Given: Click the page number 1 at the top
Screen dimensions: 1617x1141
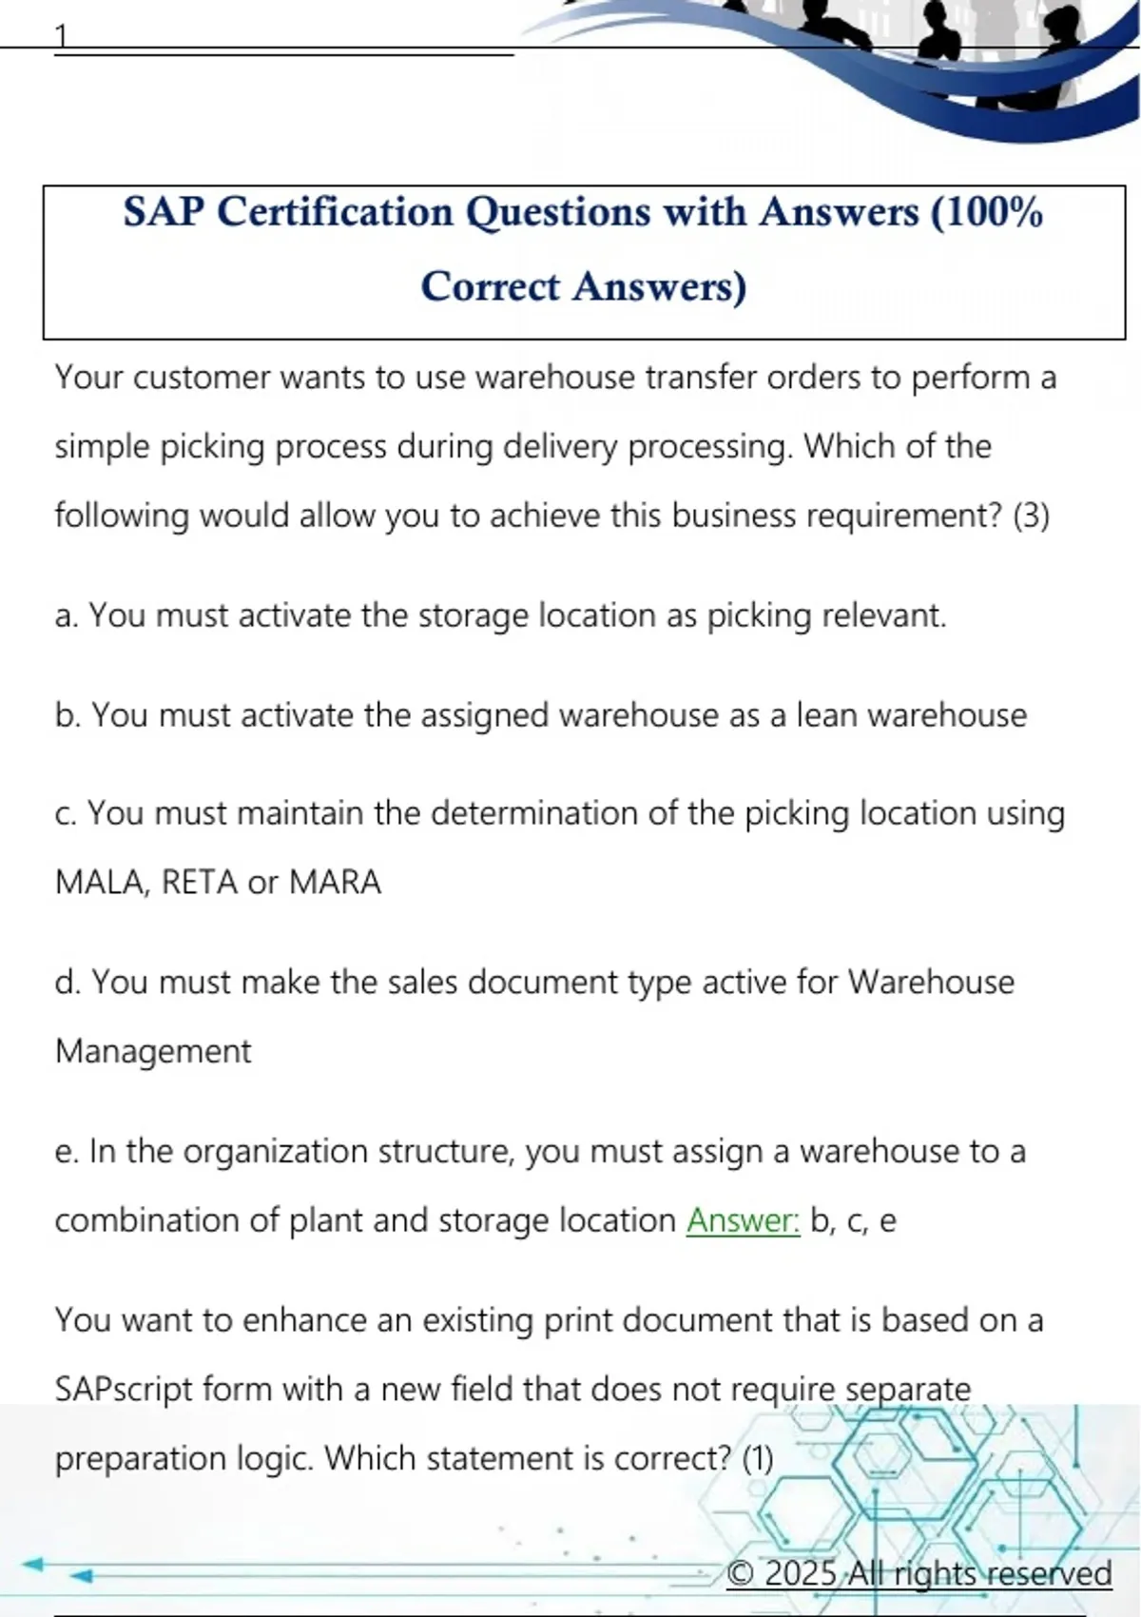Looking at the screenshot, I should [62, 36].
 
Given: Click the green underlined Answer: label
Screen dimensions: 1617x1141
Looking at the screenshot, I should [744, 1220].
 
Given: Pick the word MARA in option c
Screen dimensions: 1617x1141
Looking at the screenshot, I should [335, 883].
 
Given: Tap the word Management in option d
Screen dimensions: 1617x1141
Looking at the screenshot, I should [153, 1051].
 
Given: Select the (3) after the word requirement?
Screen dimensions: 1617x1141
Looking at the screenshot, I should [1031, 516].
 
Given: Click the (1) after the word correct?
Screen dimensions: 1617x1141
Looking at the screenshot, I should [757, 1458].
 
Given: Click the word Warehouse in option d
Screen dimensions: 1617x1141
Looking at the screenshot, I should [931, 982].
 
